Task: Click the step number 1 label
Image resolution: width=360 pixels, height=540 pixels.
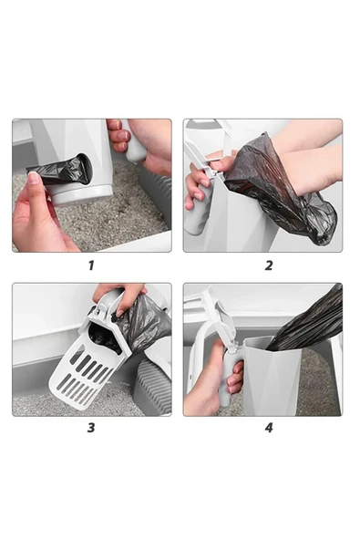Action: coord(91,265)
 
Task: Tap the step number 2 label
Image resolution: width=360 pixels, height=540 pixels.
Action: coord(269,265)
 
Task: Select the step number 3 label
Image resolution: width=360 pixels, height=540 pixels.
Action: coord(91,428)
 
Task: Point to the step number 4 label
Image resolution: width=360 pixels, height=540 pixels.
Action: coord(269,428)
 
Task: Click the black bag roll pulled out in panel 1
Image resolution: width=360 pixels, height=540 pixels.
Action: coord(58,171)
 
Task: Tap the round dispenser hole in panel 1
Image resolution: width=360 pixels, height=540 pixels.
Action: coord(85,168)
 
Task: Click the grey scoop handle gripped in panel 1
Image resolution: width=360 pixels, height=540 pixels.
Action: coord(136,143)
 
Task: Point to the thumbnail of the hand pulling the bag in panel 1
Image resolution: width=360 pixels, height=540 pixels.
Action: coord(35,179)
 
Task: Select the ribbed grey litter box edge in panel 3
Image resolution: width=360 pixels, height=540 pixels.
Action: coord(153,386)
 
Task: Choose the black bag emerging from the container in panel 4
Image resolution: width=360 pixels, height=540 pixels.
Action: coord(306,320)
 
